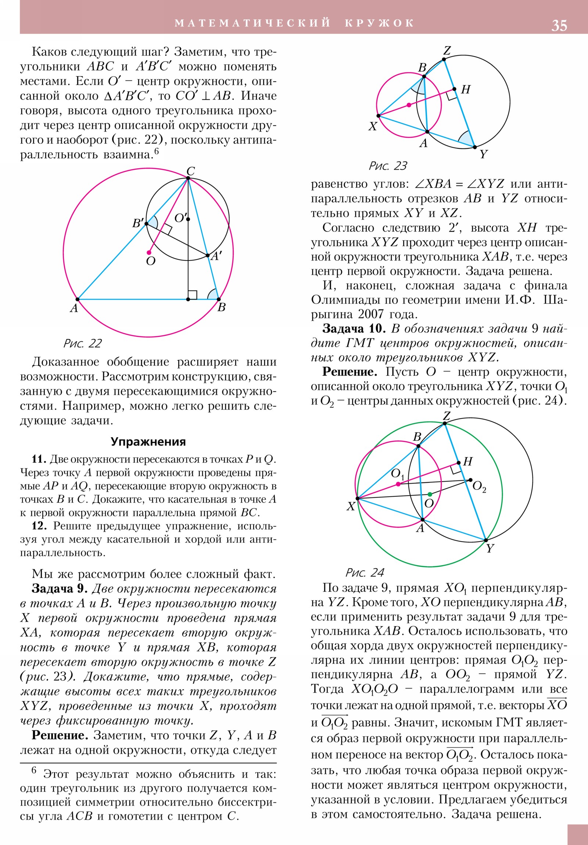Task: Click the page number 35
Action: click(x=559, y=25)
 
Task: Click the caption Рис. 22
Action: click(x=82, y=344)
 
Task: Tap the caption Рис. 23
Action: click(x=388, y=166)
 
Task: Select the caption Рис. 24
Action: click(x=365, y=572)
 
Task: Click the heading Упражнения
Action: click(x=148, y=442)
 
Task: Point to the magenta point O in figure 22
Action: click(x=149, y=252)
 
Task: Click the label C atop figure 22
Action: click(x=190, y=171)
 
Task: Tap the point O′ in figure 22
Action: click(x=188, y=219)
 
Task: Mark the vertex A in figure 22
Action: click(x=78, y=299)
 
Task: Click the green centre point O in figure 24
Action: click(x=430, y=494)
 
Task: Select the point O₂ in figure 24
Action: click(x=470, y=480)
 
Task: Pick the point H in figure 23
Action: click(x=454, y=89)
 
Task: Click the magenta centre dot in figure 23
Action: click(x=409, y=105)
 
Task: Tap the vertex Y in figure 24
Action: click(x=485, y=540)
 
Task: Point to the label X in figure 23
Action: click(x=373, y=126)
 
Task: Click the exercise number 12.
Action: click(x=39, y=525)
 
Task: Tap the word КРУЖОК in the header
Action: click(x=379, y=23)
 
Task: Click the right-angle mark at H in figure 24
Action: click(x=456, y=468)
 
